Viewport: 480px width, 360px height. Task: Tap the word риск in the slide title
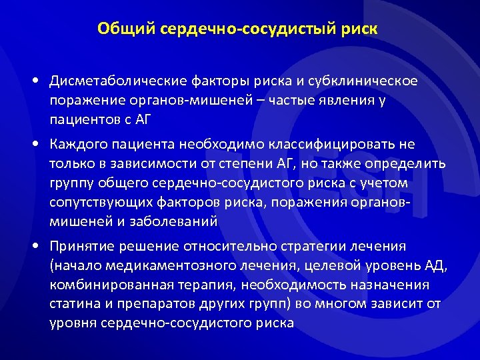pyautogui.click(x=357, y=29)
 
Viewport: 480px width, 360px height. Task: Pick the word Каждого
pyautogui.click(x=82, y=145)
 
